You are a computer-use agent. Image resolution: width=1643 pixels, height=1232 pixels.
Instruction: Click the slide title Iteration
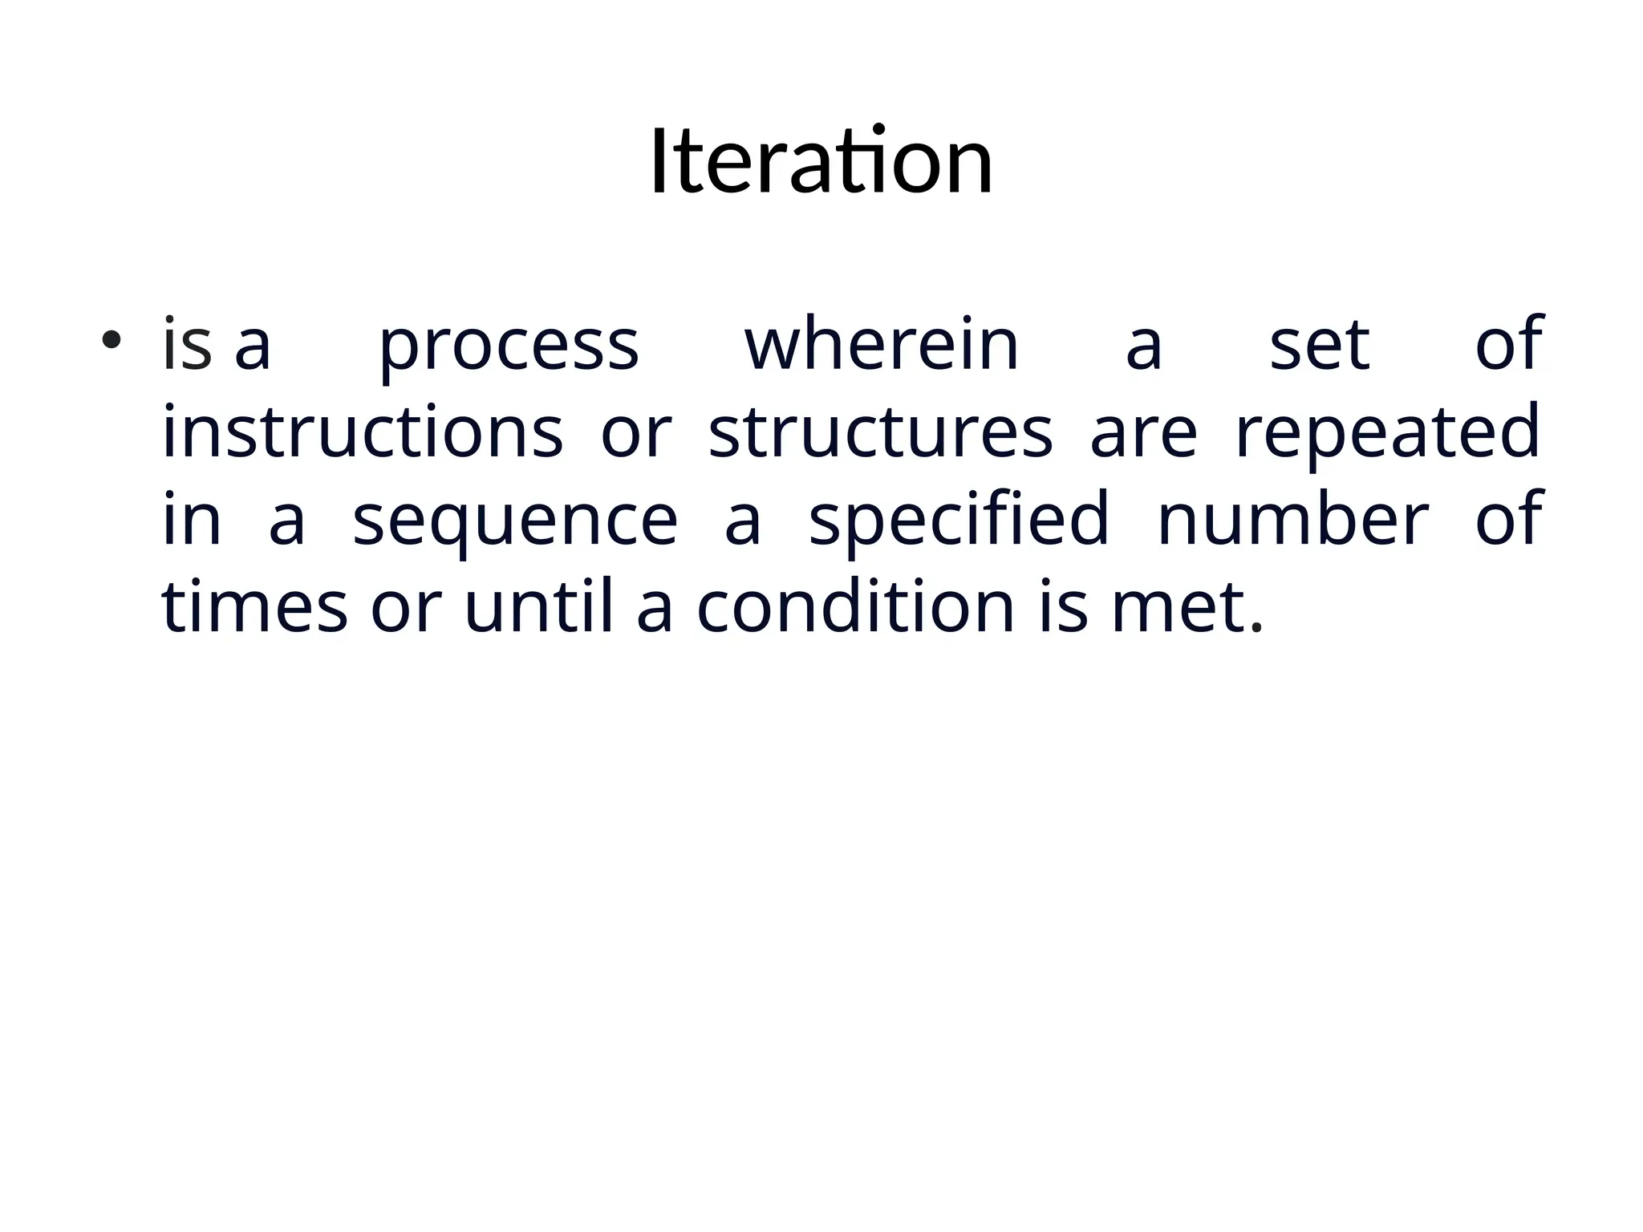[x=821, y=162]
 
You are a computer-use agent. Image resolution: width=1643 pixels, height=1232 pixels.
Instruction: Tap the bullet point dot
[x=111, y=340]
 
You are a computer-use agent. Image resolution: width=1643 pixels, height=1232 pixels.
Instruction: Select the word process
[x=509, y=346]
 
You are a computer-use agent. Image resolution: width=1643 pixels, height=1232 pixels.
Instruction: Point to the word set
[x=1320, y=346]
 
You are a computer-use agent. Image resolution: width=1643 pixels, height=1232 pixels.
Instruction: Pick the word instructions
[x=363, y=432]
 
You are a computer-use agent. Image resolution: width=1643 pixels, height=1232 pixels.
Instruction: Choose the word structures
[x=880, y=432]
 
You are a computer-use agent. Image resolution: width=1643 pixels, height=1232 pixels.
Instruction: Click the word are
[x=1143, y=434]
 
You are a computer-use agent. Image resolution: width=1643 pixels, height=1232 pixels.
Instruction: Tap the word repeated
[x=1387, y=434]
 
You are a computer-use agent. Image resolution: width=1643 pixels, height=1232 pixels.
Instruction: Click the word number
[x=1293, y=520]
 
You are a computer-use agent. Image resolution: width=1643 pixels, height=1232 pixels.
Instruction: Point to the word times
[x=254, y=607]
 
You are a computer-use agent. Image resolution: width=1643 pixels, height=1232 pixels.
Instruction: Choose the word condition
[x=856, y=607]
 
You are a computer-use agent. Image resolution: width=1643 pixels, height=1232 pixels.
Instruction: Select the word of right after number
[x=1509, y=520]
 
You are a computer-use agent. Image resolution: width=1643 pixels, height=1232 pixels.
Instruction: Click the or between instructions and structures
[x=636, y=434]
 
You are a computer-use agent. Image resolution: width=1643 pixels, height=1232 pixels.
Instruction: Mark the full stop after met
[x=1256, y=627]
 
